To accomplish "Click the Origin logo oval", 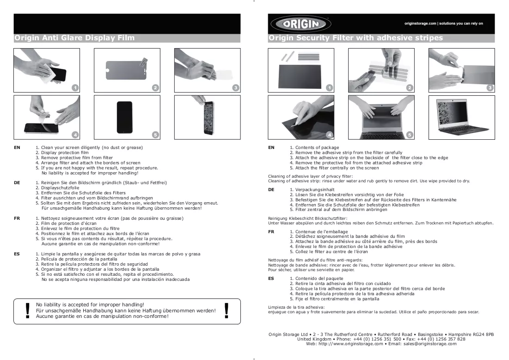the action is (x=300, y=24).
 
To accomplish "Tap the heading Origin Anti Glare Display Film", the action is (x=74, y=38).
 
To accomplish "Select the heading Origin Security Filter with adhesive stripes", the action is (x=356, y=38).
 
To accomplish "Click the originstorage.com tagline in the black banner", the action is (x=443, y=24).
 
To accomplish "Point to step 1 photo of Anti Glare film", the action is (x=47, y=70).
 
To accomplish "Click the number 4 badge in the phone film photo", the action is (x=75, y=135).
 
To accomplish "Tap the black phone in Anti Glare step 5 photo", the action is (x=125, y=117).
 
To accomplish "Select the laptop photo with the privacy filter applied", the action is (x=461, y=117).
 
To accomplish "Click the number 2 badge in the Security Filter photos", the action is (x=410, y=88).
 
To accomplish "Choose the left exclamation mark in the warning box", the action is (x=28, y=311).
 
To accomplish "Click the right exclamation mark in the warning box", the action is (x=226, y=310).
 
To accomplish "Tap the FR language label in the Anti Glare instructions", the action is (x=17, y=218).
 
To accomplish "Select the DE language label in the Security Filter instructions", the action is (x=271, y=190).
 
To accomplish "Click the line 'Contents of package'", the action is (x=314, y=148).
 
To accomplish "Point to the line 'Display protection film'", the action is (x=62, y=153).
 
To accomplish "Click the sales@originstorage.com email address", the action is (x=430, y=344).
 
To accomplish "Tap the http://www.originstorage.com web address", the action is (x=350, y=344).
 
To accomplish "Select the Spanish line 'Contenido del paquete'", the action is (x=317, y=279).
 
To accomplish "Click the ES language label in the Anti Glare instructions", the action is (x=17, y=254).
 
